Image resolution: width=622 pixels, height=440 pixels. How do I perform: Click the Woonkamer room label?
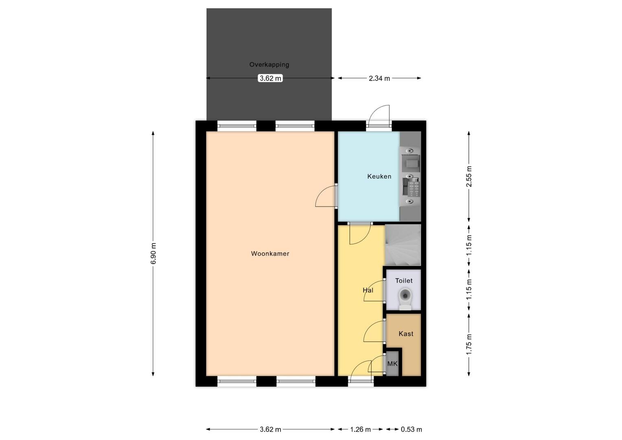[270, 253]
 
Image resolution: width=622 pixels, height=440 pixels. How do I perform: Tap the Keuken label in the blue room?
[379, 176]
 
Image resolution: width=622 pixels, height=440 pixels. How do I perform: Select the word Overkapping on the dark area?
[269, 65]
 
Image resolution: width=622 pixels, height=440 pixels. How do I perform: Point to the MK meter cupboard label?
[392, 363]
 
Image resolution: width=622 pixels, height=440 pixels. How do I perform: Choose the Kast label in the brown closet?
[406, 334]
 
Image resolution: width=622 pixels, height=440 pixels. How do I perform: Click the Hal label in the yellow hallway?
[368, 290]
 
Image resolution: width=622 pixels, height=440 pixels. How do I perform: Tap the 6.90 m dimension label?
[153, 253]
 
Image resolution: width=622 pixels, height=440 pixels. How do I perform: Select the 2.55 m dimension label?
[469, 176]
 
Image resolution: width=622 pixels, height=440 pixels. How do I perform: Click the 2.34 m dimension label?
[379, 78]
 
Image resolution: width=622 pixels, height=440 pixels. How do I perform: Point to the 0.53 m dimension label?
[411, 429]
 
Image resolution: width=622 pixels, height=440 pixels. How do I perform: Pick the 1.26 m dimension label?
[360, 429]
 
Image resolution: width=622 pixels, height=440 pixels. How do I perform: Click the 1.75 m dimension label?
[469, 344]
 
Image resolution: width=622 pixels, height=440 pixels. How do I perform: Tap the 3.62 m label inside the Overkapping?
[270, 78]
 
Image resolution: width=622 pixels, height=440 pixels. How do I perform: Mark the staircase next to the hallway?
[403, 245]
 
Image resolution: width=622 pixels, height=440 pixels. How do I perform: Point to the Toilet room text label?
[404, 281]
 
